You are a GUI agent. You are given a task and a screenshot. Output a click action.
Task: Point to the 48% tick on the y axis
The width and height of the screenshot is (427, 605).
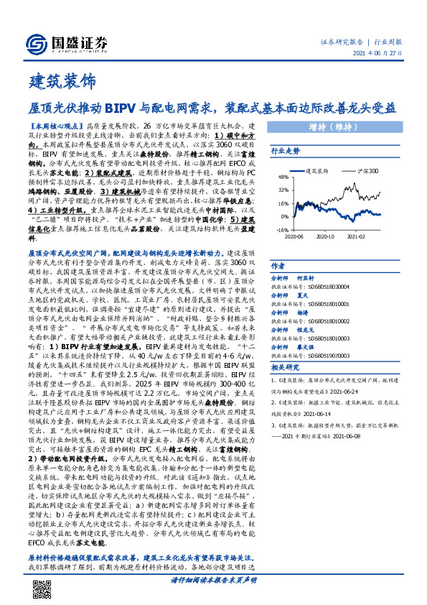point(283,177)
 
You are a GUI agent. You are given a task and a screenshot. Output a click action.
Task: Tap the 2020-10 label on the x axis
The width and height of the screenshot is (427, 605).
point(326,236)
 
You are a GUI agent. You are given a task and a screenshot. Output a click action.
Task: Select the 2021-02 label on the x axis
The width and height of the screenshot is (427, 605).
point(357,236)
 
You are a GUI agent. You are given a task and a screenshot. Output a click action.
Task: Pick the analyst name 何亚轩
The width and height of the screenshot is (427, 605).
point(308,277)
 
